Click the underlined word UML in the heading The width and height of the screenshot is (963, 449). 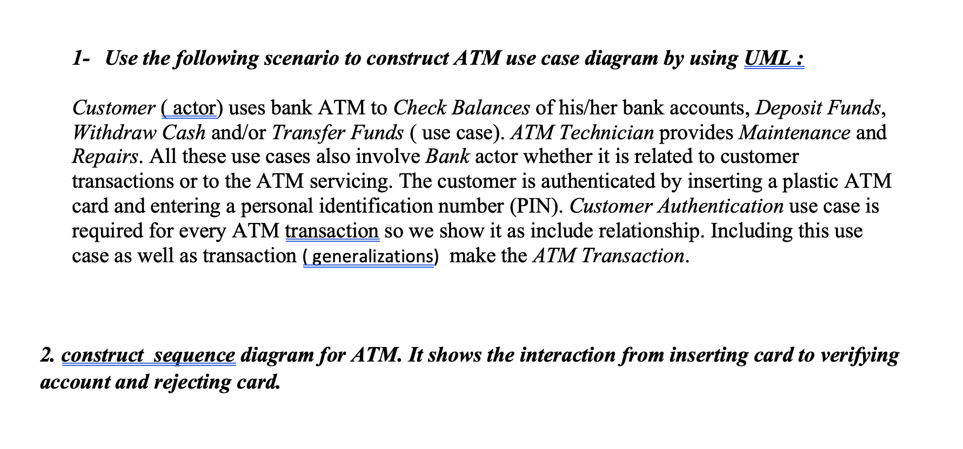767,58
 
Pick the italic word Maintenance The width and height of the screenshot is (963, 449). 794,132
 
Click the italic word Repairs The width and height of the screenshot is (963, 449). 104,157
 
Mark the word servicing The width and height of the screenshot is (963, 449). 351,181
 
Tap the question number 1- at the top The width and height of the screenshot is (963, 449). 81,58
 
